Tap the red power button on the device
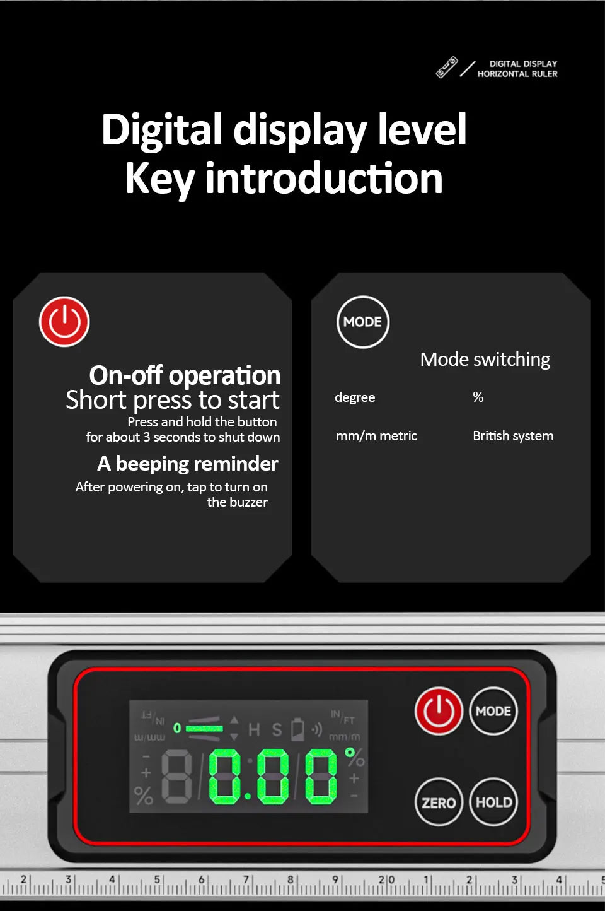[x=439, y=711]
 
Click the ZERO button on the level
[x=439, y=802]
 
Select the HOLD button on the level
[x=493, y=802]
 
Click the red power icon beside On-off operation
[x=64, y=322]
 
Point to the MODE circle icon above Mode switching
[x=362, y=322]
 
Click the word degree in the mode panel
[x=355, y=397]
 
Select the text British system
[x=513, y=435]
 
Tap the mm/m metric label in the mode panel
[x=376, y=436]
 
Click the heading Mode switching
[x=485, y=360]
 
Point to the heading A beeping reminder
[x=188, y=464]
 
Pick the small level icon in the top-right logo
[x=447, y=67]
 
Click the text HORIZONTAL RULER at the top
[x=517, y=74]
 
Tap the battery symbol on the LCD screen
[x=297, y=729]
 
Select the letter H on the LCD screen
[x=254, y=729]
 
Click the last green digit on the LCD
[x=321, y=777]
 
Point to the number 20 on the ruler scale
[x=386, y=879]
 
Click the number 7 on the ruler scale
[x=246, y=879]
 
